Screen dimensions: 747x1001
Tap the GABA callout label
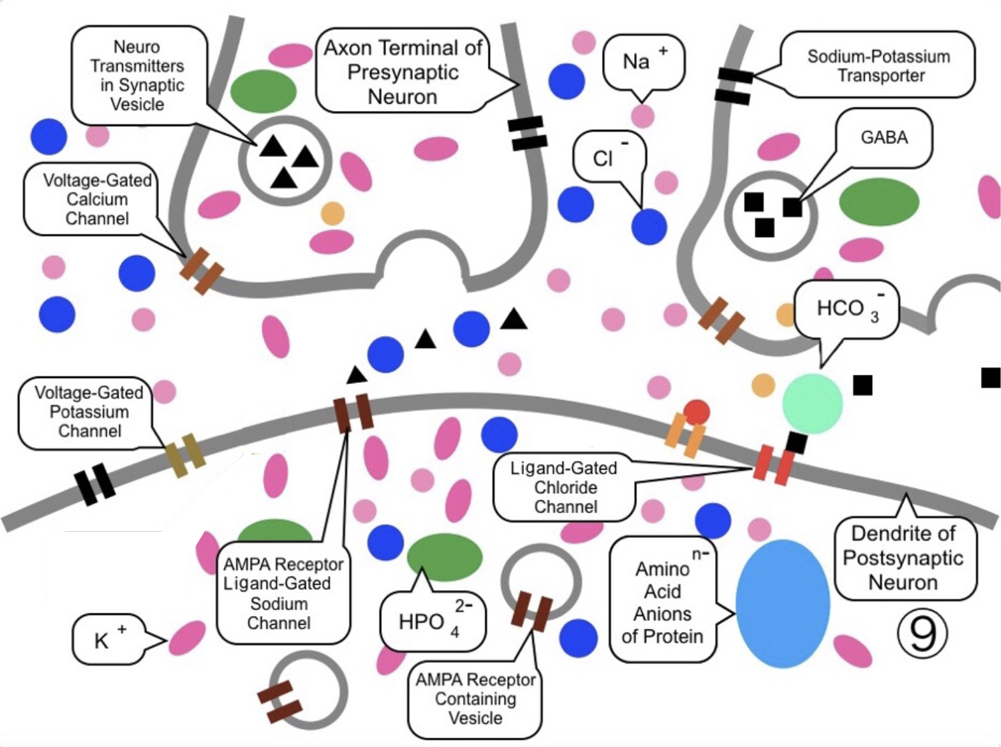884,138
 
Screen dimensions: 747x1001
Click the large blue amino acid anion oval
782,603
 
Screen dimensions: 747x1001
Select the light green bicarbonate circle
812,403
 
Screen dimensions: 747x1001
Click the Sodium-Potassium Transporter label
878,65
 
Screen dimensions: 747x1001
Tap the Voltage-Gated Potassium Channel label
88,412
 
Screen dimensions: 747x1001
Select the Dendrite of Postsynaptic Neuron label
903,558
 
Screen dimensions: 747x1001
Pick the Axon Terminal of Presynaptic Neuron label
403,71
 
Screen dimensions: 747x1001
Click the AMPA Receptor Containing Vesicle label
475,699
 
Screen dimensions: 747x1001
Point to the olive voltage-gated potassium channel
184,455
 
